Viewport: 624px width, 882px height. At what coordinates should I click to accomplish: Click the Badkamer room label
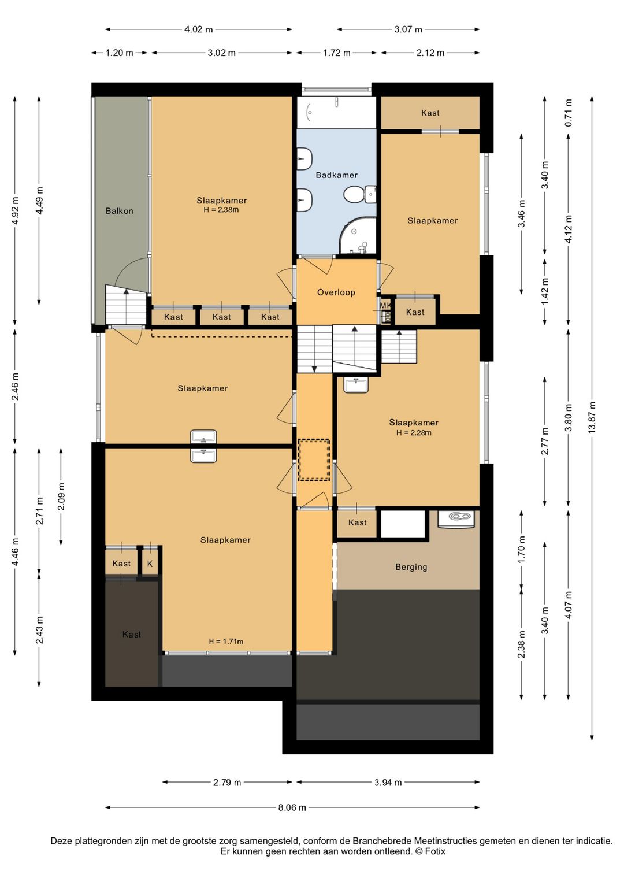click(x=337, y=175)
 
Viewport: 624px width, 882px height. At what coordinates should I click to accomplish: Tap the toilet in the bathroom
click(x=360, y=194)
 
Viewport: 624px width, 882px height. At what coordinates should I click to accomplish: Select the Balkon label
click(x=119, y=210)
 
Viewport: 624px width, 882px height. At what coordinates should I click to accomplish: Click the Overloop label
click(x=336, y=292)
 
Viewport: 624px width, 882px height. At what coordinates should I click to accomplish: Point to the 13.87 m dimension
click(x=592, y=417)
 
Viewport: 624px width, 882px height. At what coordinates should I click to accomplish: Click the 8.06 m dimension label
click(x=292, y=807)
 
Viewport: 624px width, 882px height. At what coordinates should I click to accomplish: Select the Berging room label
click(x=411, y=567)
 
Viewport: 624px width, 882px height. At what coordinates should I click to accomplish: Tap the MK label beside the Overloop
click(x=385, y=305)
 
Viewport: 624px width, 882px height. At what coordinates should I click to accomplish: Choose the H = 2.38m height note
click(x=221, y=210)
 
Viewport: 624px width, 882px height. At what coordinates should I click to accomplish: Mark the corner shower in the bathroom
click(x=358, y=235)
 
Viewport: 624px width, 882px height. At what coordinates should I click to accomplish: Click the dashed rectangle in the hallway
click(x=314, y=459)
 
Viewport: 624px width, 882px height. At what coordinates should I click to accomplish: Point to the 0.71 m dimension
click(x=569, y=113)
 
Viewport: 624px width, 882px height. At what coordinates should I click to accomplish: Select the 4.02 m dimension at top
click(x=198, y=29)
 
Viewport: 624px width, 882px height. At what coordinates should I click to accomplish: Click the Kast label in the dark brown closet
click(x=132, y=634)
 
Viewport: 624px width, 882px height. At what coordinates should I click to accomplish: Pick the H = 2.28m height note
click(x=414, y=433)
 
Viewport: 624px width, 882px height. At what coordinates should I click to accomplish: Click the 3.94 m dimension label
click(x=388, y=783)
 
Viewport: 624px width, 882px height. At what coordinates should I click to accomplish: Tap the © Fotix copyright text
click(x=430, y=851)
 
